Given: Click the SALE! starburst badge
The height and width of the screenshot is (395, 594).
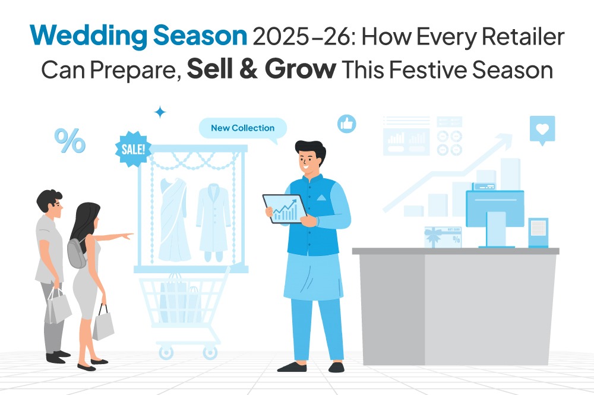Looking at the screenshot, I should (132, 148).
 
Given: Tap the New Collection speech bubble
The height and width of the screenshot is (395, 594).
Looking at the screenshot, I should (242, 128).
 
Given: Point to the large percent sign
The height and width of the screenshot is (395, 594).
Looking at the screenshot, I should (70, 141).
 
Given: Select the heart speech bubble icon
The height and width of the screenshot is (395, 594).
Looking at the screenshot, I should (542, 129).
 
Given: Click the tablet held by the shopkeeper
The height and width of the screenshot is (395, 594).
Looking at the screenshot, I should (285, 208).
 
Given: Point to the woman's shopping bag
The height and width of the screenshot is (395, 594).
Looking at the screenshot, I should (103, 324).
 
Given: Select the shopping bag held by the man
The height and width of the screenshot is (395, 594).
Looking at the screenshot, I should (58, 306).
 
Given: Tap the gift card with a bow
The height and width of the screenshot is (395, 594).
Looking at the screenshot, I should (443, 236).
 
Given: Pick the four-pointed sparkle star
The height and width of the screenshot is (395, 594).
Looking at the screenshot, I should (160, 112).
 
